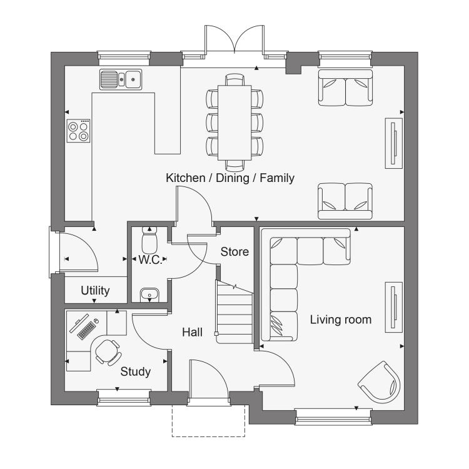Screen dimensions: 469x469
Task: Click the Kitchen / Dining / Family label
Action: [x=230, y=178]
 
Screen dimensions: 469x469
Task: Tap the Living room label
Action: [x=341, y=320]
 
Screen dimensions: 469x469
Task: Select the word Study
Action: [x=135, y=372]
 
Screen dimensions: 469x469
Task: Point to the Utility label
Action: [x=95, y=291]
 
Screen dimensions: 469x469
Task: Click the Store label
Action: [x=234, y=252]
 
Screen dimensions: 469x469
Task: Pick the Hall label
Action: [x=192, y=332]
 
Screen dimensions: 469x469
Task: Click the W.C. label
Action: [x=150, y=260]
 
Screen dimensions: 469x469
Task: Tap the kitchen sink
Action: [x=121, y=79]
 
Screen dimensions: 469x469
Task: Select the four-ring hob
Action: [x=78, y=131]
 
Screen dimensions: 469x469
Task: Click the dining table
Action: [x=234, y=123]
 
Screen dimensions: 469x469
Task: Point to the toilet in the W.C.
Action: [x=149, y=240]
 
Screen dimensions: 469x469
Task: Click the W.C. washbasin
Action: [x=149, y=295]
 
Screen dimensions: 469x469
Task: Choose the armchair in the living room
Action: [x=380, y=382]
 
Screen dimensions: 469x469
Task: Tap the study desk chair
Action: [x=108, y=352]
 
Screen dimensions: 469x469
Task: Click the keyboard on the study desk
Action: [x=86, y=330]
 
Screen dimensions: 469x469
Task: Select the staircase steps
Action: [x=234, y=313]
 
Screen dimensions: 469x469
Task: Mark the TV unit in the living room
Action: [x=393, y=307]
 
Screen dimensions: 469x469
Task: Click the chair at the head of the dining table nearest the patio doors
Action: [x=234, y=79]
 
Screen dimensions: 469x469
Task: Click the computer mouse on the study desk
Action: [x=96, y=321]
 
